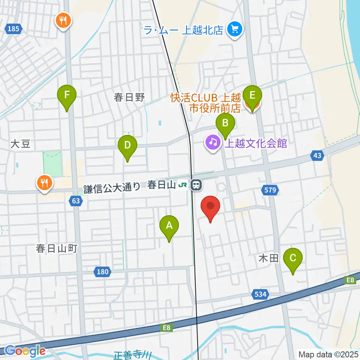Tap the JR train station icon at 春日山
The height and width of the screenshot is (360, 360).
(195, 184)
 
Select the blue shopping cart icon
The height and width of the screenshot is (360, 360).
(235, 29)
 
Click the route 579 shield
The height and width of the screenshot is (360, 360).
(270, 190)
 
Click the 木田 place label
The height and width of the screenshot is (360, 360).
(268, 258)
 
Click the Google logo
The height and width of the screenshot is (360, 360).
(26, 351)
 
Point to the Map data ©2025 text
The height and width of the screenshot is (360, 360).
(328, 354)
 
